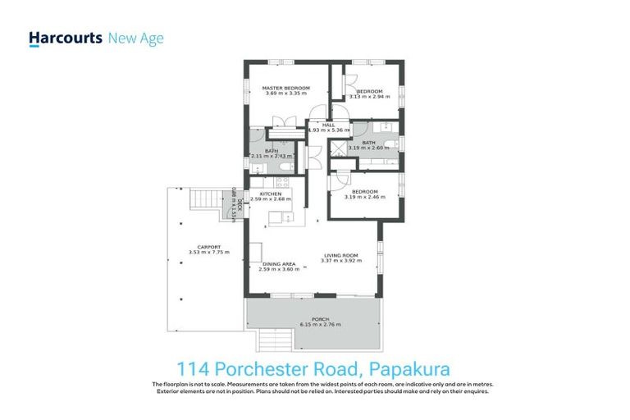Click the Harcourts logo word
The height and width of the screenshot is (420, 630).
[x=65, y=38]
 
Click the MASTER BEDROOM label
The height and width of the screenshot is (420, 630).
[x=285, y=88]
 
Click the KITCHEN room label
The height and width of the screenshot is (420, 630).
[x=271, y=194]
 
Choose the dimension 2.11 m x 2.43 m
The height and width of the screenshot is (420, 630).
[x=272, y=156]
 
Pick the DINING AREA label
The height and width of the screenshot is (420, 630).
[x=276, y=263]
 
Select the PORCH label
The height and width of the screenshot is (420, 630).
[x=320, y=318]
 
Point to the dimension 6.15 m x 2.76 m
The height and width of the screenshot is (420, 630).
[x=320, y=325]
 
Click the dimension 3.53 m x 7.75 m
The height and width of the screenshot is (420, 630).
[x=208, y=253]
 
